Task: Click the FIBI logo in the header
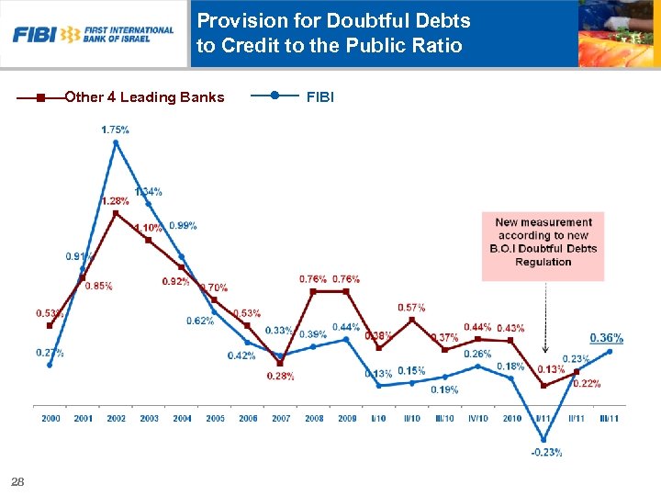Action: (93, 34)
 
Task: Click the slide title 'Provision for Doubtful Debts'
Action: (333, 20)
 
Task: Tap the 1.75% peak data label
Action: (115, 130)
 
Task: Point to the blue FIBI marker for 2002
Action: (116, 142)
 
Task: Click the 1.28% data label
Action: (115, 200)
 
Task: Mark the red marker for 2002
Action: (116, 213)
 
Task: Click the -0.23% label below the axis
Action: (545, 452)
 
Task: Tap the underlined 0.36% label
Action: (606, 338)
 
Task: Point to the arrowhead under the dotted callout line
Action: (544, 349)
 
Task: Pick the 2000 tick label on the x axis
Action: (50, 419)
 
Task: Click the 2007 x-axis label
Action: (281, 419)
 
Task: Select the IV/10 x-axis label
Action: (477, 419)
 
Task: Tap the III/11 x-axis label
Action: (610, 419)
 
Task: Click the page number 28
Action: (17, 481)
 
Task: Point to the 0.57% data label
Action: (411, 307)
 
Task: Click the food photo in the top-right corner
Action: (619, 34)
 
